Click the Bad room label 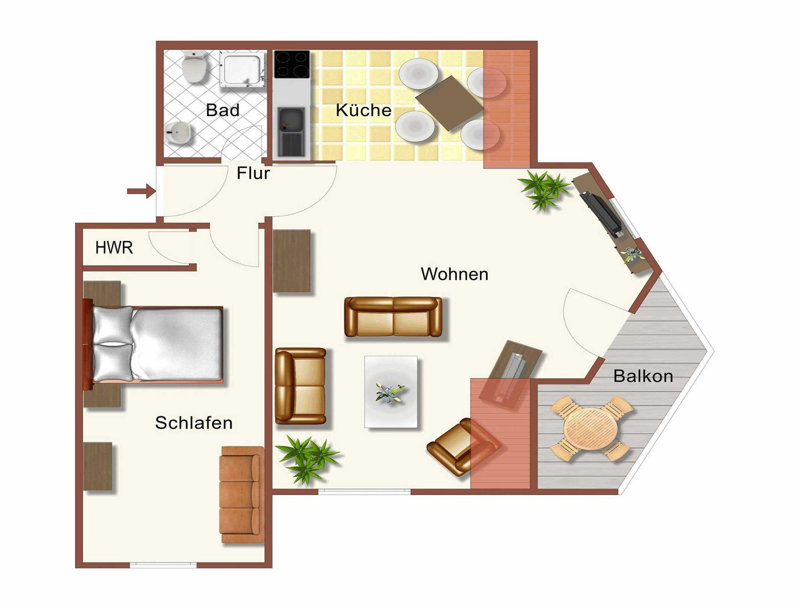tap(223, 110)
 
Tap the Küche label tap(363, 110)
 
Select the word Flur tap(253, 173)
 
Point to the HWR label tap(114, 247)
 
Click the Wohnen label tap(454, 274)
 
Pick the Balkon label tap(643, 376)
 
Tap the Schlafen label tap(194, 423)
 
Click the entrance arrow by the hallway tap(141, 191)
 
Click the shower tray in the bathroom tap(242, 70)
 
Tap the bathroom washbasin tap(179, 133)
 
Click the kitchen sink tap(291, 132)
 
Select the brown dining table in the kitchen tap(449, 103)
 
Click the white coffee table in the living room tap(391, 392)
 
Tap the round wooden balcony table tap(590, 429)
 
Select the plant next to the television tap(544, 189)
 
